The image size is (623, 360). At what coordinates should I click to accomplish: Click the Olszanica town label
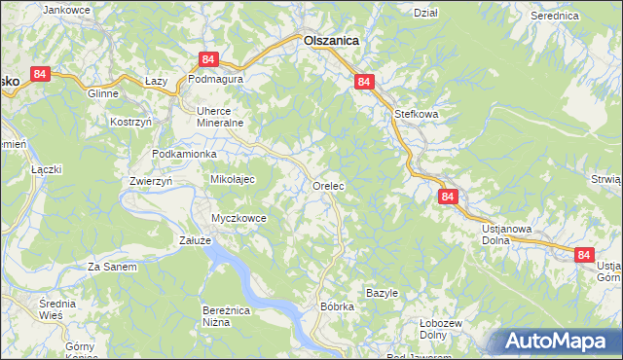(x=331, y=41)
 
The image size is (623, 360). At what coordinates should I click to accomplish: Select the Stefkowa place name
(x=418, y=114)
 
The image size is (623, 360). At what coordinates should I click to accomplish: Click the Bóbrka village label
(x=337, y=306)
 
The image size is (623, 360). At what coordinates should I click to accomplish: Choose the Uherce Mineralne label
(x=219, y=117)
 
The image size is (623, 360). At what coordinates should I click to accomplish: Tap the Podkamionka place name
(x=184, y=155)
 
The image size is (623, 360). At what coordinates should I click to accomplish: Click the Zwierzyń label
(x=150, y=181)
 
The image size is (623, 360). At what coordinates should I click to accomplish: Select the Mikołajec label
(x=233, y=179)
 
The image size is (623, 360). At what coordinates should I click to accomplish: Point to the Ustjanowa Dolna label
(x=507, y=235)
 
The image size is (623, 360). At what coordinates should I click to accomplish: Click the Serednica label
(x=555, y=17)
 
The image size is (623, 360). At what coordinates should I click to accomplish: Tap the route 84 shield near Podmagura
(x=207, y=60)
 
